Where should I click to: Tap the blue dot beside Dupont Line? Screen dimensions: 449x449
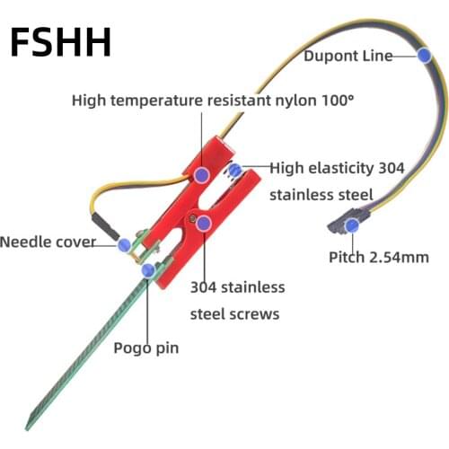(x=423, y=55)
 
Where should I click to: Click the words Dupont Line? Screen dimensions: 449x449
(x=347, y=56)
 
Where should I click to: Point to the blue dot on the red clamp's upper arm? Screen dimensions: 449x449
(x=202, y=173)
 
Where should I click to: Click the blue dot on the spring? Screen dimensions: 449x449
(x=235, y=170)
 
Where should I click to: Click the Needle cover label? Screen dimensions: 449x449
(x=48, y=242)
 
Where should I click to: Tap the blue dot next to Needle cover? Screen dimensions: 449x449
(x=125, y=243)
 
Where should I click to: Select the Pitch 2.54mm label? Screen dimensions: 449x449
(x=377, y=258)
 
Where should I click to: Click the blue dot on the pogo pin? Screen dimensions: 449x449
(x=148, y=269)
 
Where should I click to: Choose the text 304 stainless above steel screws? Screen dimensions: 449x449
(x=237, y=287)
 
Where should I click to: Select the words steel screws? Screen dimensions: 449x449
(x=235, y=313)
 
